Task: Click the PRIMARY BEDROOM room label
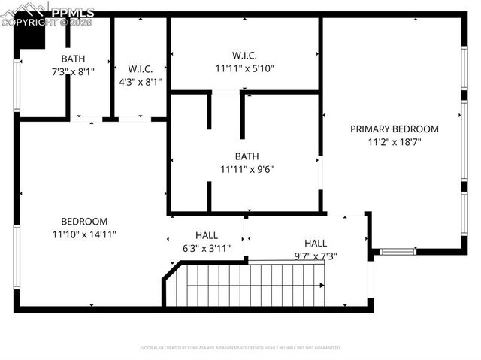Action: (x=394, y=129)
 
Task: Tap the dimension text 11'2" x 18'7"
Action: (x=394, y=141)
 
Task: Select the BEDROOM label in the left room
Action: (x=84, y=222)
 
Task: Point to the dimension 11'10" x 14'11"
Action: (x=84, y=234)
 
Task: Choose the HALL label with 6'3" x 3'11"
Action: (x=207, y=235)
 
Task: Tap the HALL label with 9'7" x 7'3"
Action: (x=315, y=243)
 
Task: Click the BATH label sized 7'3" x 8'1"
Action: (x=73, y=59)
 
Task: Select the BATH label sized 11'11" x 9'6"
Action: (x=247, y=156)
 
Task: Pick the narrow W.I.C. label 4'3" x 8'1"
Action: (x=141, y=68)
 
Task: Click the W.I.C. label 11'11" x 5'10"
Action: (x=245, y=56)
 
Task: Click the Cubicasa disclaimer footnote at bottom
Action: (x=240, y=348)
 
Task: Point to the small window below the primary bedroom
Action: (x=398, y=251)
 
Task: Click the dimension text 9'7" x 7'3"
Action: (x=315, y=256)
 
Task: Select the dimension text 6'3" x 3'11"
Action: (x=207, y=248)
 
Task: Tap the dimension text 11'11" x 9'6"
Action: (x=247, y=169)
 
